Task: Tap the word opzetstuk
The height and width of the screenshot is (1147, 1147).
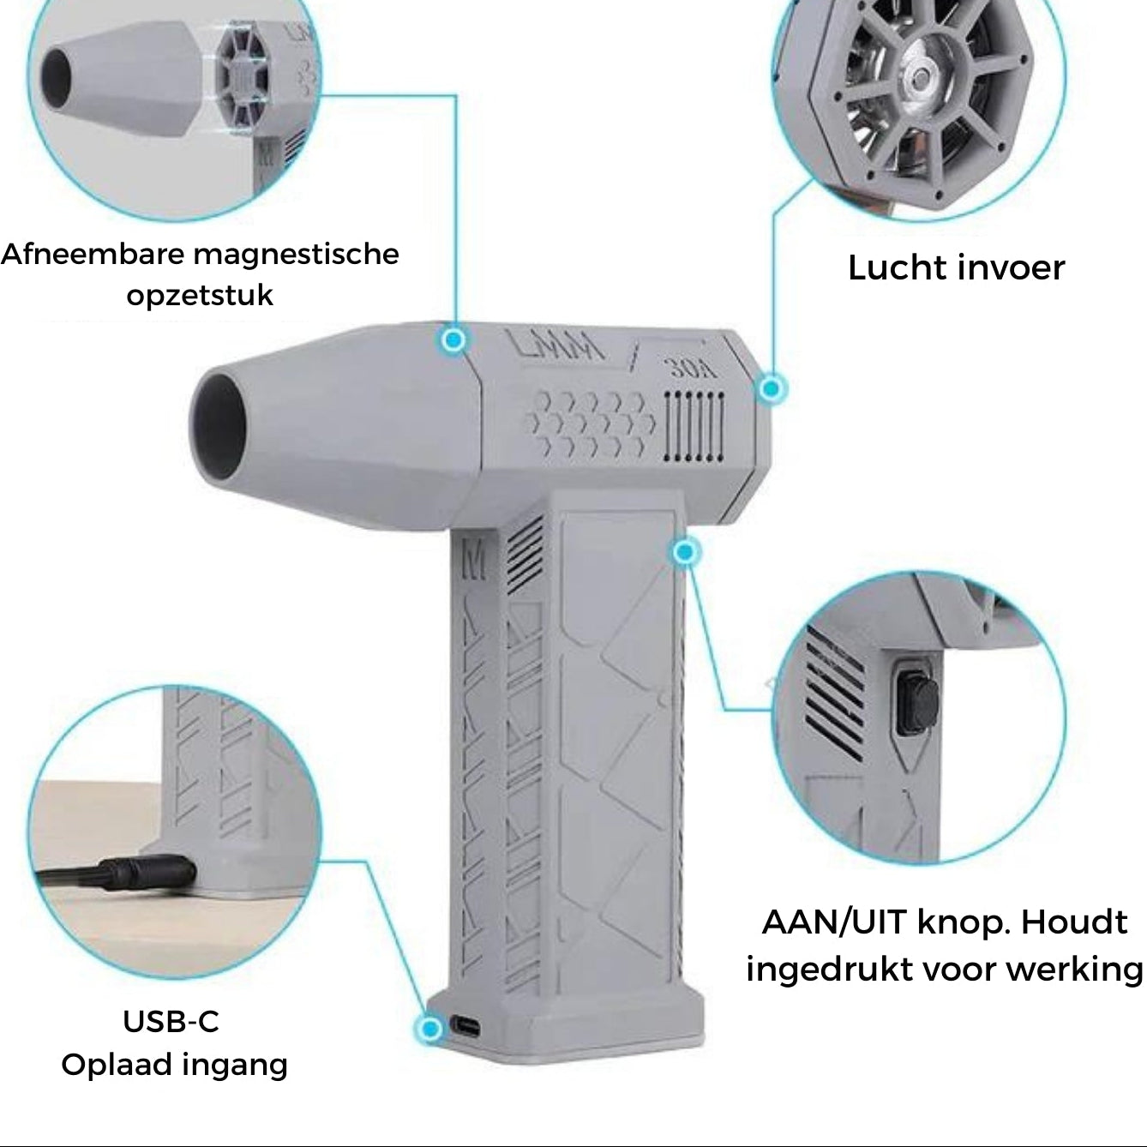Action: click(x=200, y=296)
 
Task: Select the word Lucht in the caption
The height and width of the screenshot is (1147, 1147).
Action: click(x=894, y=268)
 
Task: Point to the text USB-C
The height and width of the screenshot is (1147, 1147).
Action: click(x=171, y=1022)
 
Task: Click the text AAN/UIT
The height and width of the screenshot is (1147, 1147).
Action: click(x=833, y=923)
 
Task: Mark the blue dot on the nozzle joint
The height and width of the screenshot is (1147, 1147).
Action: click(x=454, y=339)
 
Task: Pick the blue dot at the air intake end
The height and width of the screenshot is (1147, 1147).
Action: click(x=772, y=389)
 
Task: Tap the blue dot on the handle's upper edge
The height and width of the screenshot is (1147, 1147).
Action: click(x=684, y=552)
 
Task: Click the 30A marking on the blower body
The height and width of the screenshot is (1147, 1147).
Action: click(x=691, y=369)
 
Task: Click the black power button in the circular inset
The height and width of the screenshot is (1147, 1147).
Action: click(x=910, y=703)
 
